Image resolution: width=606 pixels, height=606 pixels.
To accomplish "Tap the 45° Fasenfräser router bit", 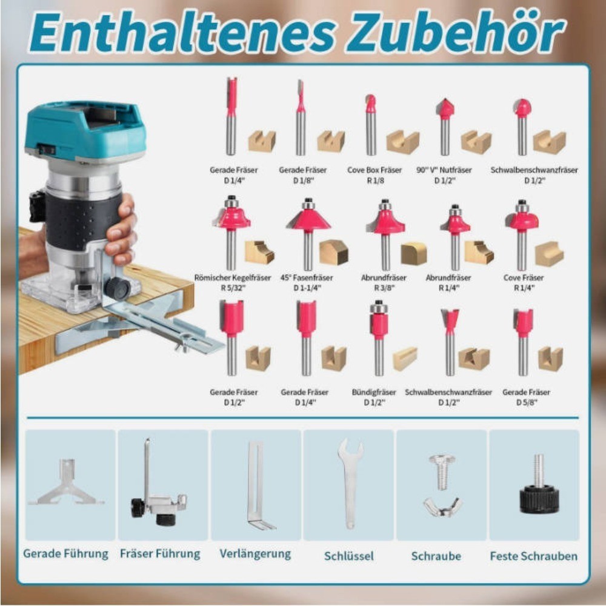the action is click(x=308, y=234).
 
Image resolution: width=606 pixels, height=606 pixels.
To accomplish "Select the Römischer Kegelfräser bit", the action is click(x=231, y=232).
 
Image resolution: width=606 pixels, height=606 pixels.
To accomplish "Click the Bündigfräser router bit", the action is click(x=379, y=338).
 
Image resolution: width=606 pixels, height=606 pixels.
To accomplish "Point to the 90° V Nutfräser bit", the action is click(x=445, y=127).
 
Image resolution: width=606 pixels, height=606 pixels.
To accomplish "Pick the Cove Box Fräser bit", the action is click(x=371, y=124).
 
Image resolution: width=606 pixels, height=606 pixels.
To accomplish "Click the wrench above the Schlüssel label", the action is click(x=350, y=483).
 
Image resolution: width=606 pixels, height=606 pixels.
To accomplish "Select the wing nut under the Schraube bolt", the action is click(x=442, y=507).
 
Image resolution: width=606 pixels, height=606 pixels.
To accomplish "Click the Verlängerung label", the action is click(x=255, y=554).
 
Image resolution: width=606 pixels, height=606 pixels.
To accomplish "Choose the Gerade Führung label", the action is click(x=65, y=553).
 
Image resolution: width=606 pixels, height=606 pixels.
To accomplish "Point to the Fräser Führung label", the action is click(x=160, y=553).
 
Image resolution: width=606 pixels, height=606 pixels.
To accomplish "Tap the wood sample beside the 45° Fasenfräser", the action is click(x=334, y=252).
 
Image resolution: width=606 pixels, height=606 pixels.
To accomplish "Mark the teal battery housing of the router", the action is click(x=85, y=130).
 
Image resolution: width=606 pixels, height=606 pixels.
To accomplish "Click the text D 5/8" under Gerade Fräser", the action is click(x=527, y=402).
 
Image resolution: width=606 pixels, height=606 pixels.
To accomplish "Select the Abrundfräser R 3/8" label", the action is click(x=384, y=282).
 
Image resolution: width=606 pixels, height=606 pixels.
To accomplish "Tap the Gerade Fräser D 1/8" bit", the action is click(x=301, y=118).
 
